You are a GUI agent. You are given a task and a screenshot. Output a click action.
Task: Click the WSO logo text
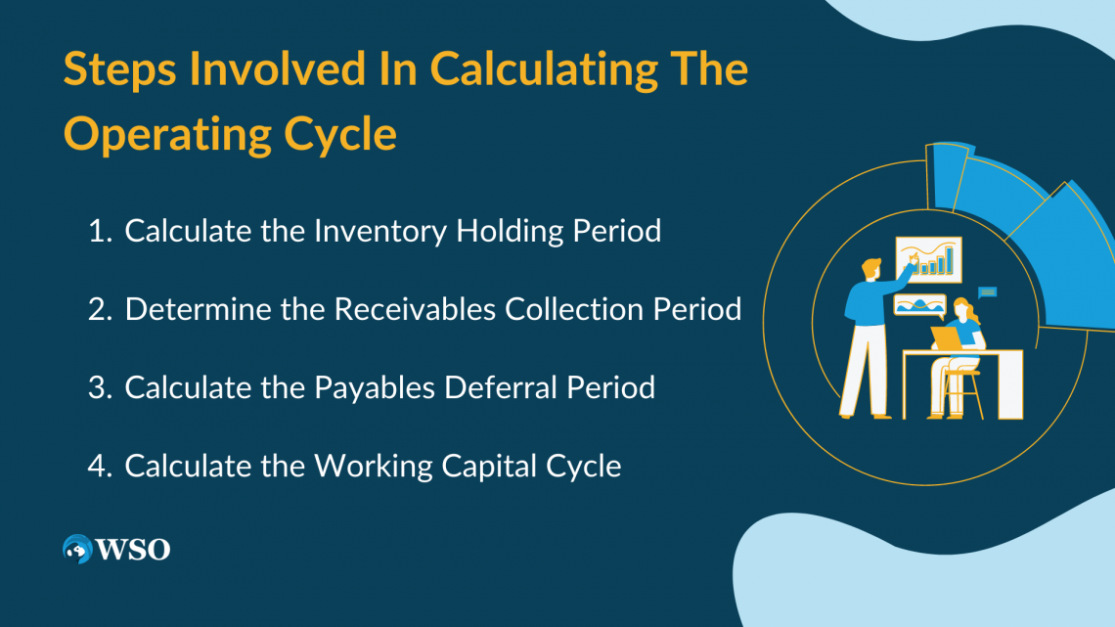(133, 550)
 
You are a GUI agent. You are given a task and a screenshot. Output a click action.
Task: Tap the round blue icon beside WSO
(76, 550)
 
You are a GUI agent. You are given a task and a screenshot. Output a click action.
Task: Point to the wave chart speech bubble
(919, 305)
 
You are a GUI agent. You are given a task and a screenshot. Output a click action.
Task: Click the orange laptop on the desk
(945, 337)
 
